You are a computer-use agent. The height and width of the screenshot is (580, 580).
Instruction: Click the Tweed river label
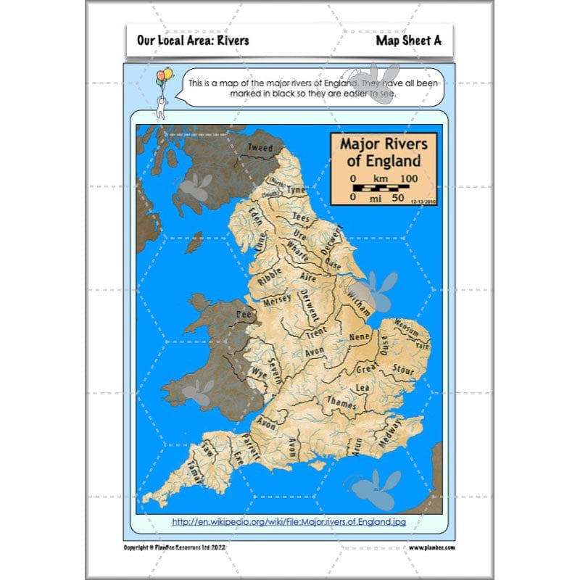260,148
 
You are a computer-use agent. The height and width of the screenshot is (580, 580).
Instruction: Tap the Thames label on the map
341,400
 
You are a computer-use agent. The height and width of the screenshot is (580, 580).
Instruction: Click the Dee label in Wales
244,315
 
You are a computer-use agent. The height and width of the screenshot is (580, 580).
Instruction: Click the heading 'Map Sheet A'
408,41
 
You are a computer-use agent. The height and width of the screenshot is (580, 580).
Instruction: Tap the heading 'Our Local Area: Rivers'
192,41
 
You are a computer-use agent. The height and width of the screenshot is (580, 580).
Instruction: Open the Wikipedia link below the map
289,521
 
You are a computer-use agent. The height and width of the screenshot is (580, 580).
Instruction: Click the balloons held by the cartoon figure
165,75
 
